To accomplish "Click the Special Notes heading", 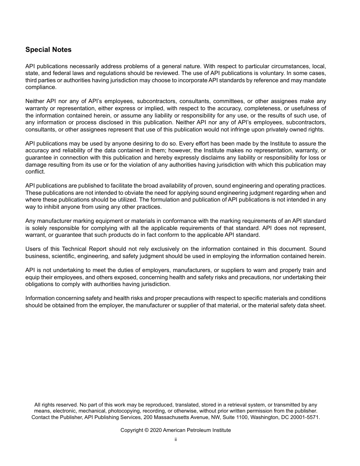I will (x=48, y=50).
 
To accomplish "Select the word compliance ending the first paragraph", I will (x=41, y=87).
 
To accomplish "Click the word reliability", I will (x=69, y=150).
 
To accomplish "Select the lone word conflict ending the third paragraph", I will (x=35, y=172).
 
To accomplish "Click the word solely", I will (x=39, y=228).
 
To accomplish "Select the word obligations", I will (x=41, y=284).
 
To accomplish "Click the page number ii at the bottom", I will (x=176, y=439).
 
